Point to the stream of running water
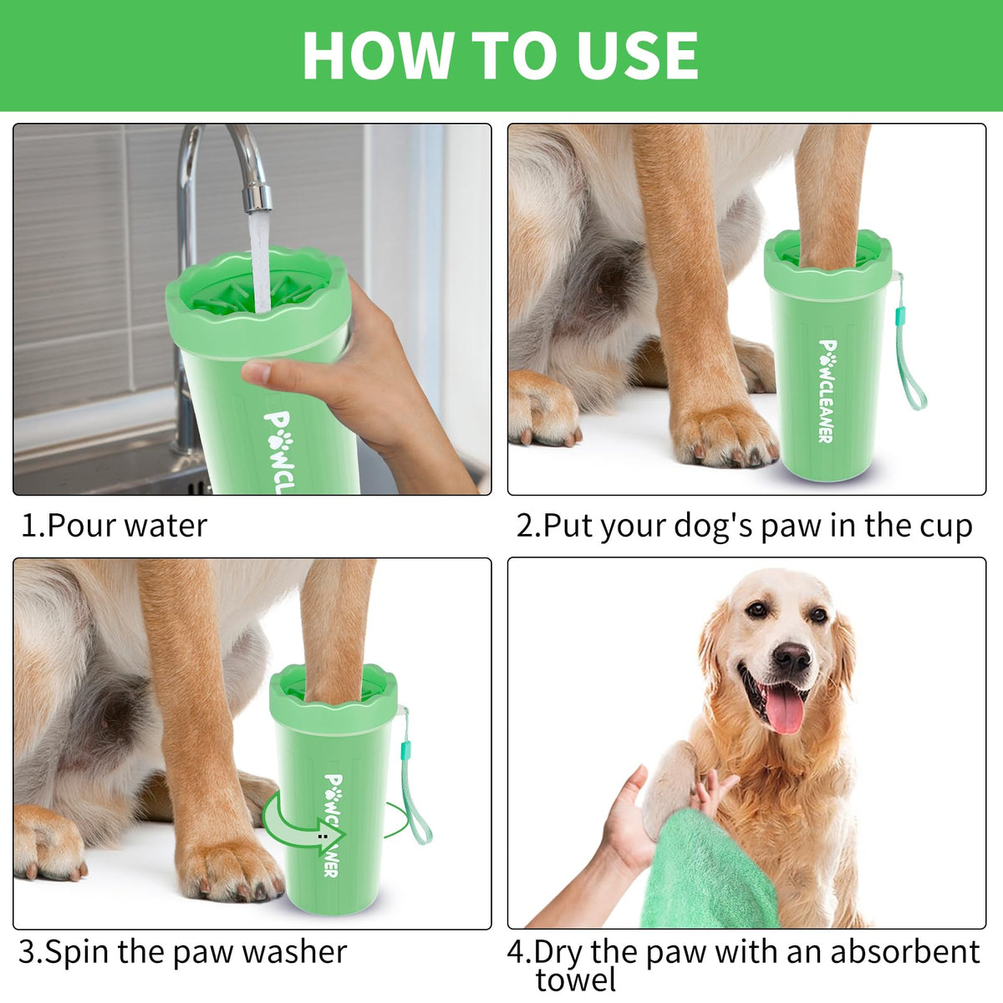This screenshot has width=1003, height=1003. (260, 262)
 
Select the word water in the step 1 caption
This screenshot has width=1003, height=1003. (165, 526)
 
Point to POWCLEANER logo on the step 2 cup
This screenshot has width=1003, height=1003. (827, 391)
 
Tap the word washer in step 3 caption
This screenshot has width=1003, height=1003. (294, 953)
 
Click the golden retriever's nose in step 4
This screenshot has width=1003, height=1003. (791, 658)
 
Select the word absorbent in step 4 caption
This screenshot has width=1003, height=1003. (905, 952)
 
